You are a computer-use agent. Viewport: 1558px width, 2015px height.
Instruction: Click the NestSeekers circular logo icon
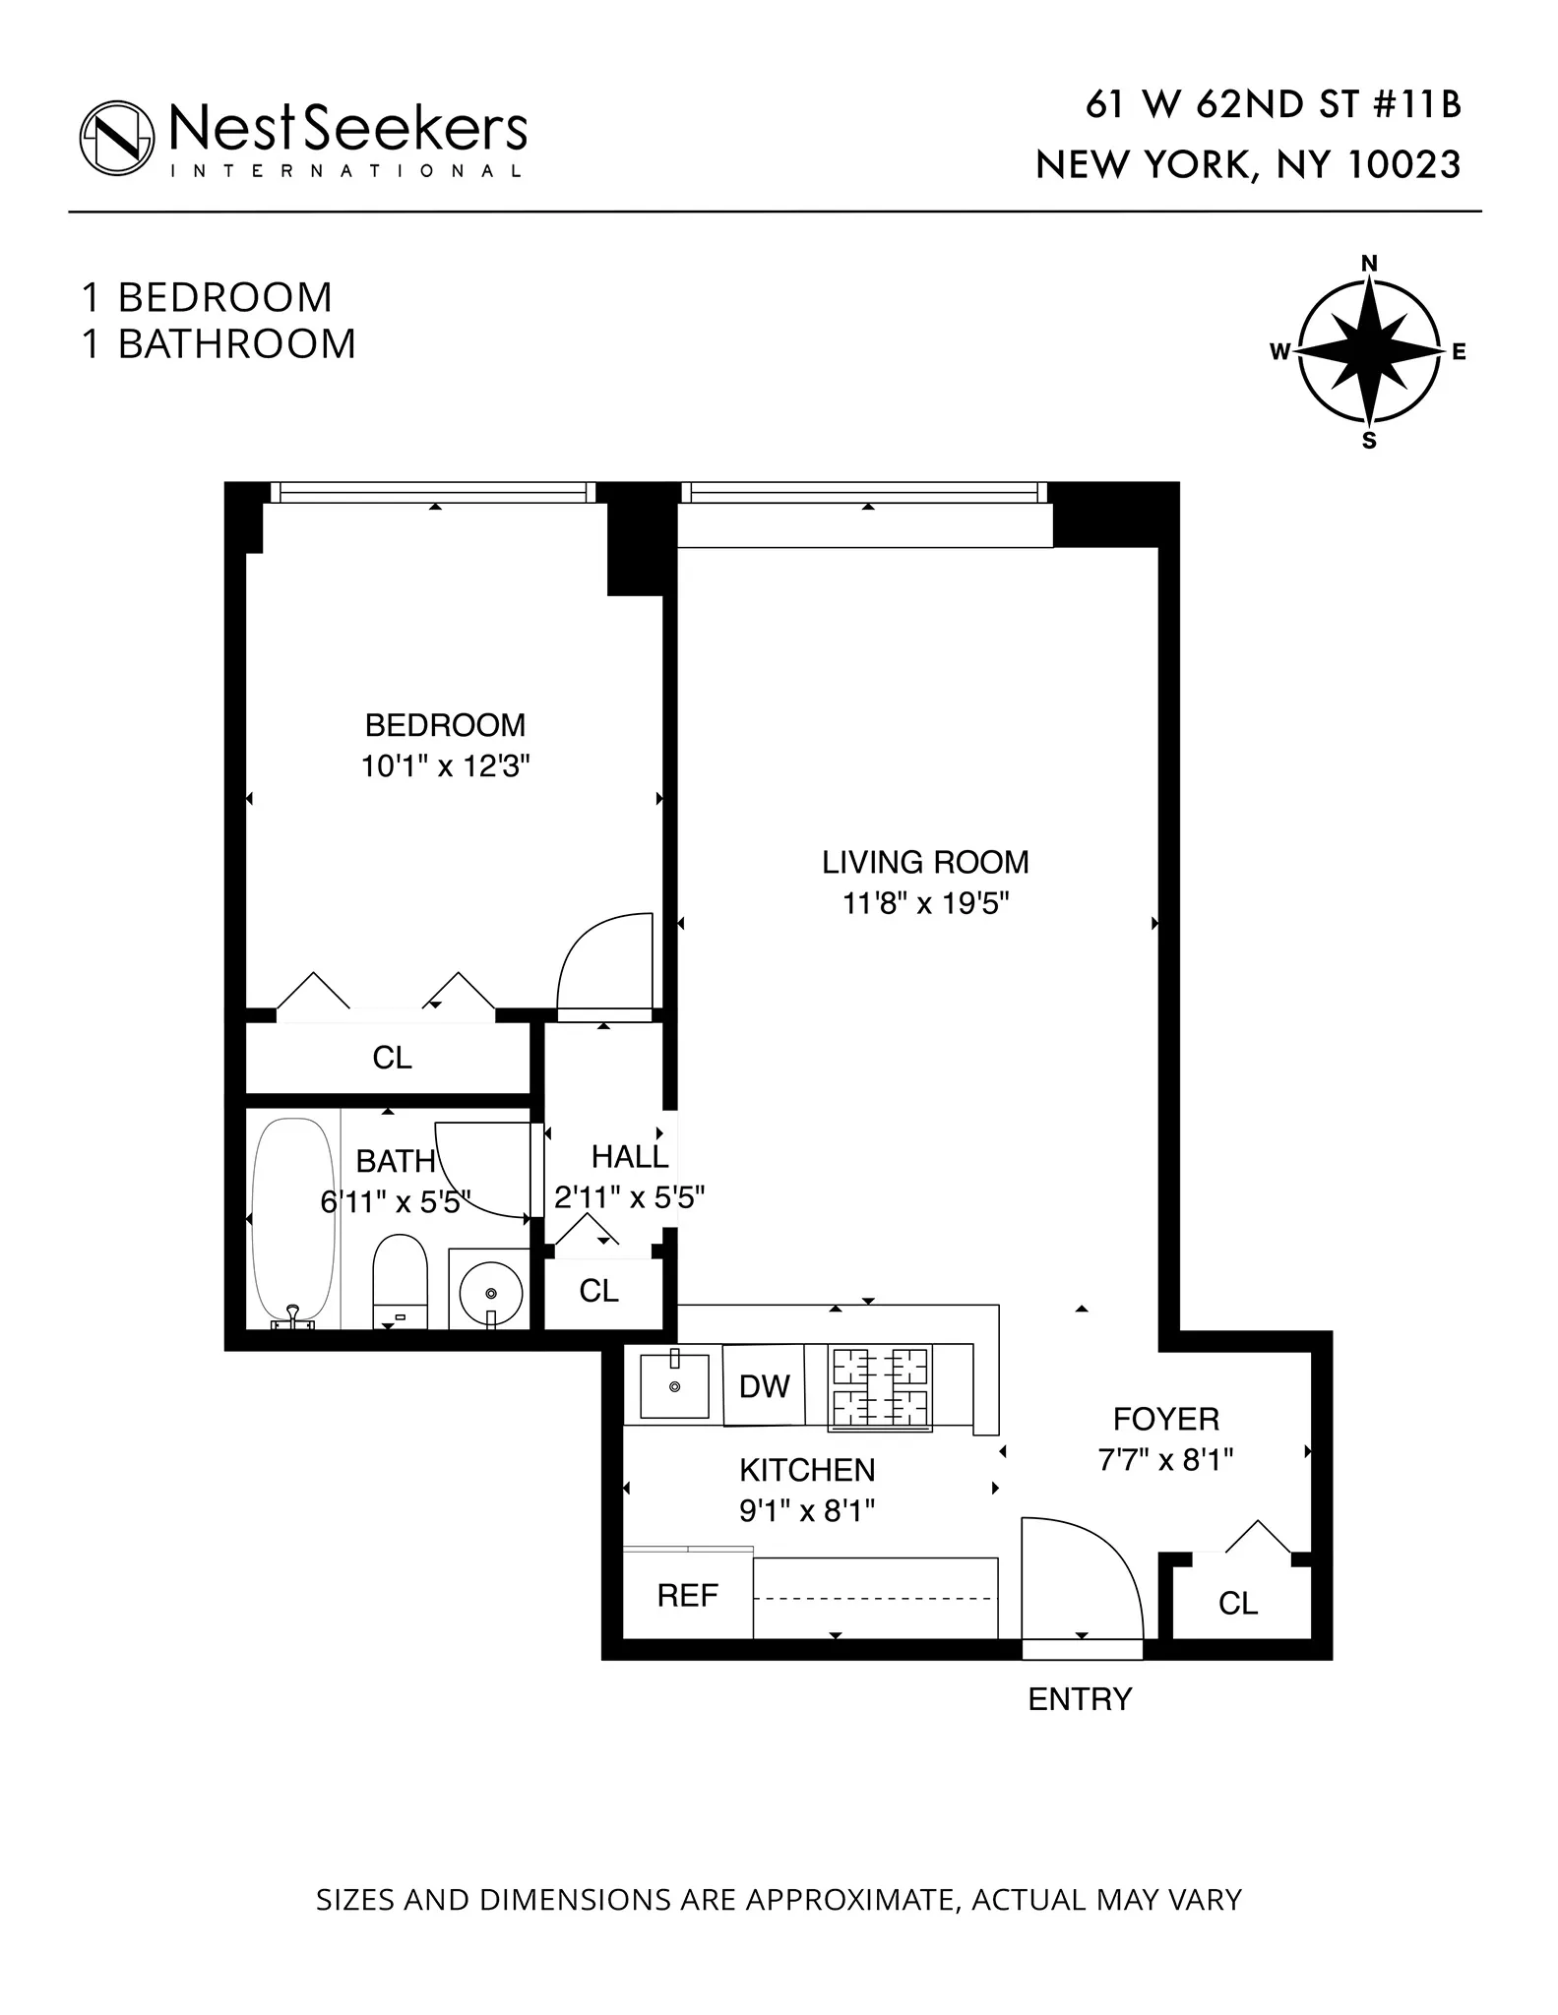tap(117, 138)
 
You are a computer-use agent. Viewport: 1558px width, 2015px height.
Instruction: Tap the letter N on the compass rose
tap(1368, 264)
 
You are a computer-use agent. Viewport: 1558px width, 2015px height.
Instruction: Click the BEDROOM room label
tap(445, 725)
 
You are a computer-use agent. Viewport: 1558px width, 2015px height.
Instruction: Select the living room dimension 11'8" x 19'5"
tap(925, 903)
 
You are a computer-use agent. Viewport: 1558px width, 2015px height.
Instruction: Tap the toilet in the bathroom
tap(400, 1279)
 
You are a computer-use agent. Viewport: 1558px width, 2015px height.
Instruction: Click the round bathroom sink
tap(490, 1290)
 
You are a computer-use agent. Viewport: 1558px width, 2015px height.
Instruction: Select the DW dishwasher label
tap(764, 1386)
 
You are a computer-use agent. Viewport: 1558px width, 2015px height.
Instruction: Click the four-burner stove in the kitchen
tap(880, 1388)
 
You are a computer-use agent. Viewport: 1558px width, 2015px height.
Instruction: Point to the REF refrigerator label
tap(687, 1595)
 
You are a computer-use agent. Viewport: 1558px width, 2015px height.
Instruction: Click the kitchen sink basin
tap(674, 1386)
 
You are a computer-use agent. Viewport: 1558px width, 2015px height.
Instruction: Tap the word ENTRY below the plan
tap(1080, 1699)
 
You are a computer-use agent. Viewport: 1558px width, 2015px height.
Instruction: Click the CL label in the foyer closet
tap(1237, 1604)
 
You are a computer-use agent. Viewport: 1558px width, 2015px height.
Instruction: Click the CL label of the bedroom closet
tap(392, 1058)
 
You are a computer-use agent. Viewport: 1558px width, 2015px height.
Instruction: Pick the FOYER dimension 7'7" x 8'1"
tap(1165, 1460)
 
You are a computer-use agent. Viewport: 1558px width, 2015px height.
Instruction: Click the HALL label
tap(630, 1156)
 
